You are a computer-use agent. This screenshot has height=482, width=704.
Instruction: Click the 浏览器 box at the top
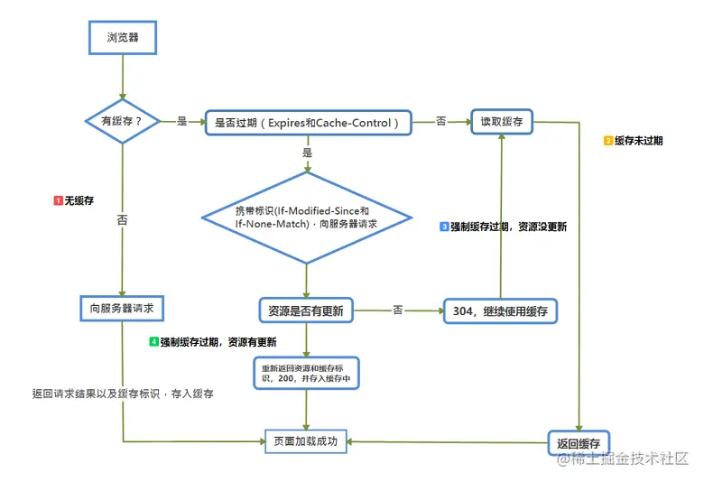pyautogui.click(x=122, y=39)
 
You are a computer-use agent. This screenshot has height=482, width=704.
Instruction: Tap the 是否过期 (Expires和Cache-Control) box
pyautogui.click(x=307, y=122)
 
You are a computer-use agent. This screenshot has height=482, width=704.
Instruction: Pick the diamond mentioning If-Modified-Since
pyautogui.click(x=306, y=217)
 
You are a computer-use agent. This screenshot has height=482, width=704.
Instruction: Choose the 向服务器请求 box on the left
pyautogui.click(x=122, y=309)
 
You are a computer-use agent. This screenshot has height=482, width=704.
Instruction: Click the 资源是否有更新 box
pyautogui.click(x=306, y=311)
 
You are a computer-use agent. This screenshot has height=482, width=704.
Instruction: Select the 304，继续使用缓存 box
pyautogui.click(x=500, y=311)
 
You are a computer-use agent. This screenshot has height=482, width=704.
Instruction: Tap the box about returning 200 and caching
pyautogui.click(x=306, y=374)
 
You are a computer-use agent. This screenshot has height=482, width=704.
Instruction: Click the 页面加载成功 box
pyautogui.click(x=305, y=441)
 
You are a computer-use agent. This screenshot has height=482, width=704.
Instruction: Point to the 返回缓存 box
pyautogui.click(x=579, y=442)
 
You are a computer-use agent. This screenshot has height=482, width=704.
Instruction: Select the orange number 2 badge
pyautogui.click(x=607, y=141)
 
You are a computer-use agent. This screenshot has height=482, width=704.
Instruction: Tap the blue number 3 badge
pyautogui.click(x=444, y=227)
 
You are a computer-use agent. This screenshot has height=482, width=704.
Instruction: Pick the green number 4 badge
pyautogui.click(x=154, y=342)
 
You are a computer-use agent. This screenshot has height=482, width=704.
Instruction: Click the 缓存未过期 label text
pyautogui.click(x=638, y=141)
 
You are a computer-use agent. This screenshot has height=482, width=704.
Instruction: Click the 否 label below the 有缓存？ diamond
pyautogui.click(x=121, y=219)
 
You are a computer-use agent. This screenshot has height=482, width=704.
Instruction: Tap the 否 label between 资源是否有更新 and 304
pyautogui.click(x=397, y=310)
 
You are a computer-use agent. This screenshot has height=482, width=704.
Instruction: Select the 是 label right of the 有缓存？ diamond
pyautogui.click(x=182, y=121)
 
